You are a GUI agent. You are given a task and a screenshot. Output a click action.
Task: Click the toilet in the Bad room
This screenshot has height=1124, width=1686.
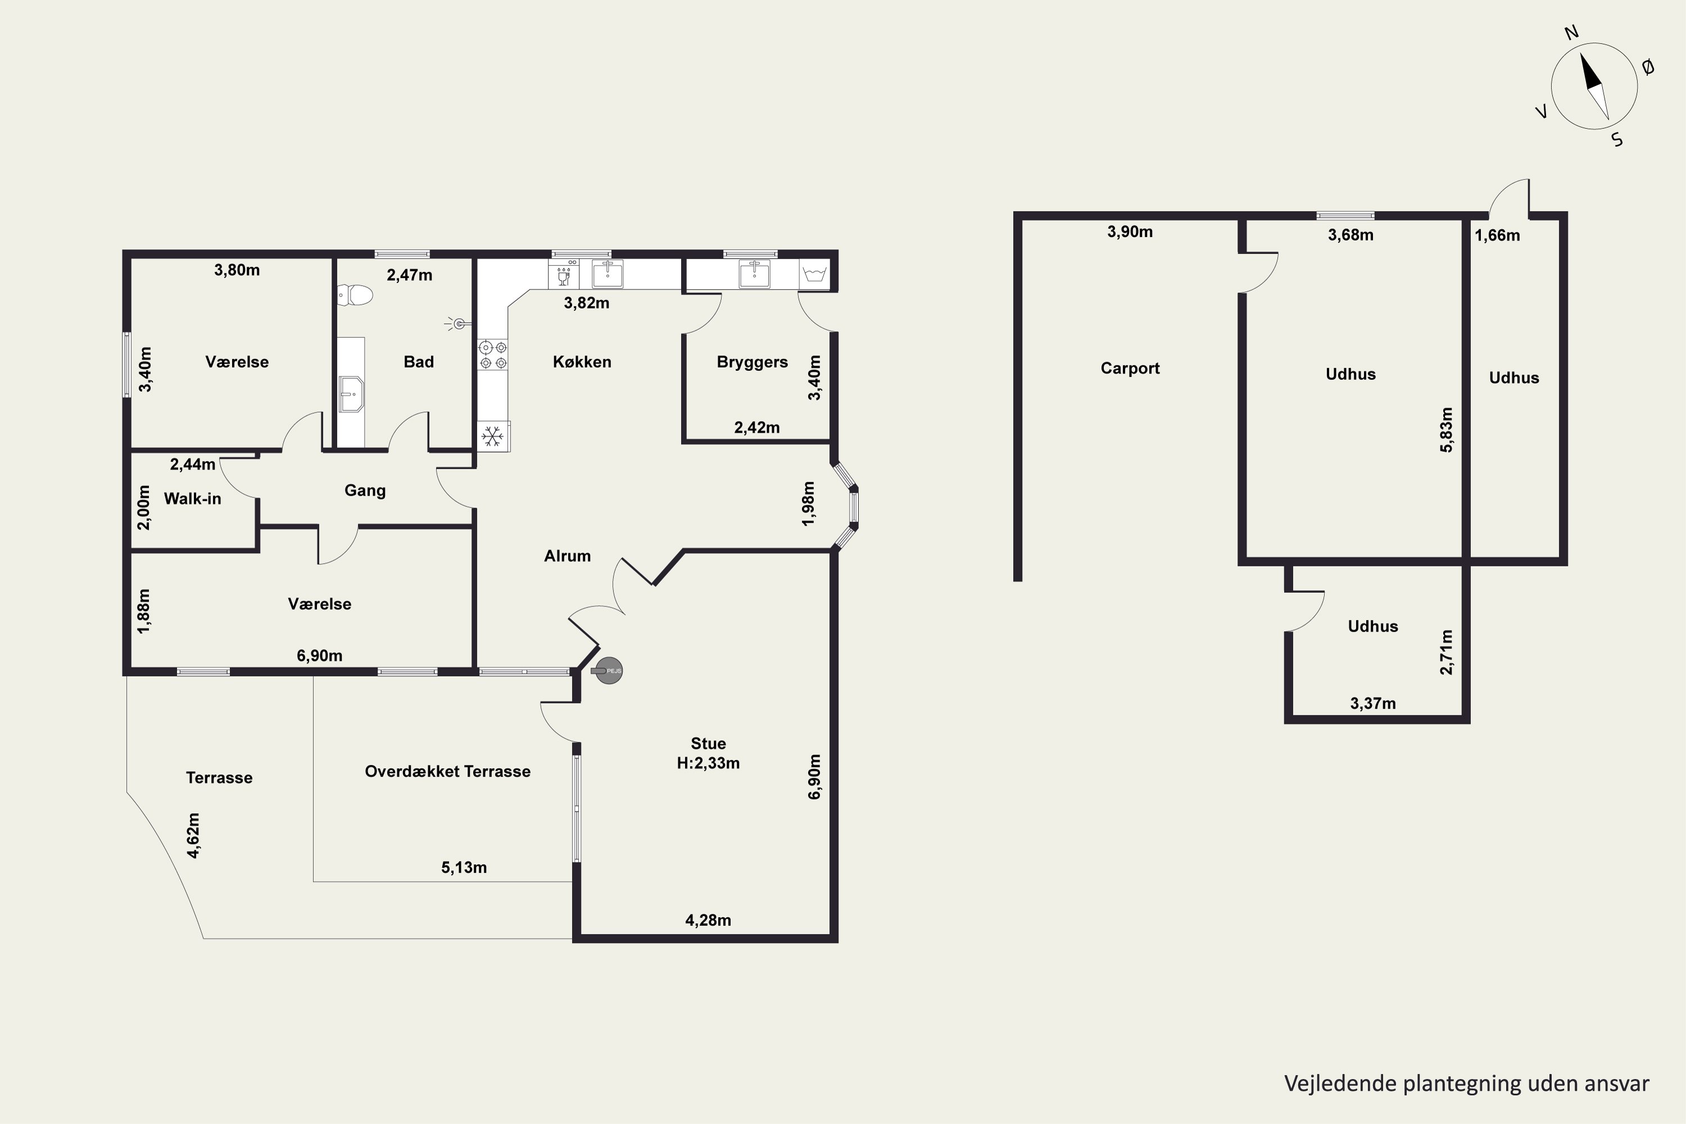click(x=356, y=294)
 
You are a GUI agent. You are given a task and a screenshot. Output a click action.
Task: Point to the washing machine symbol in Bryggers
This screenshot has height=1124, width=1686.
click(x=815, y=275)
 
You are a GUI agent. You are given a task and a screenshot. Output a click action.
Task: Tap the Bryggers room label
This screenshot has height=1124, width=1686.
click(x=752, y=362)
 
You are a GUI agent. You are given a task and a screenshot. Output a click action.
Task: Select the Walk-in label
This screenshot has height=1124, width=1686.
click(x=192, y=499)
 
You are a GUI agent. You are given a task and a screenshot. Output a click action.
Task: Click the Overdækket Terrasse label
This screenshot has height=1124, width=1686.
click(x=447, y=771)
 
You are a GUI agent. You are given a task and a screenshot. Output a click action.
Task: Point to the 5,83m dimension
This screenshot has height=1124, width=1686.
click(x=1447, y=429)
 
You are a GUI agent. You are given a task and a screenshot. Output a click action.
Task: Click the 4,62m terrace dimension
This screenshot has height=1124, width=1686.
click(x=193, y=835)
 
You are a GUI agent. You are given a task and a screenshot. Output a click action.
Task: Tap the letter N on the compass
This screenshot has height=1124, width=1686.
click(x=1571, y=32)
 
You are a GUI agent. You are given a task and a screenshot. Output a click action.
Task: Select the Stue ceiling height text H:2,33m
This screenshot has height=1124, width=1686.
click(x=708, y=763)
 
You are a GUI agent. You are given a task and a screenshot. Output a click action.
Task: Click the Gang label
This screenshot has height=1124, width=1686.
click(x=365, y=490)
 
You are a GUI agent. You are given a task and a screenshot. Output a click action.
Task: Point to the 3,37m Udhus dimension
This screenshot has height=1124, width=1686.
click(x=1373, y=703)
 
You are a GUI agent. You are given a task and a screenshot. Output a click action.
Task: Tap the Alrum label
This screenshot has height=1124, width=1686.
click(x=567, y=556)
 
